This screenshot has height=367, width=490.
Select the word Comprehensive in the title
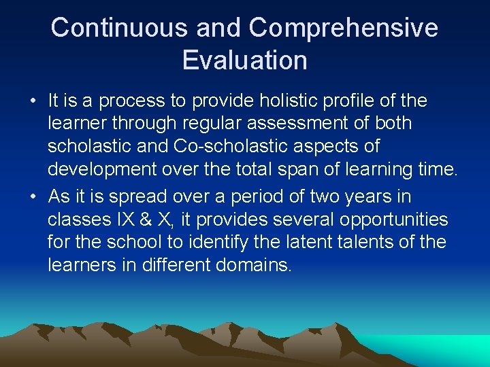coord(344,29)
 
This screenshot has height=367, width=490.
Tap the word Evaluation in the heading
coord(245,60)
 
